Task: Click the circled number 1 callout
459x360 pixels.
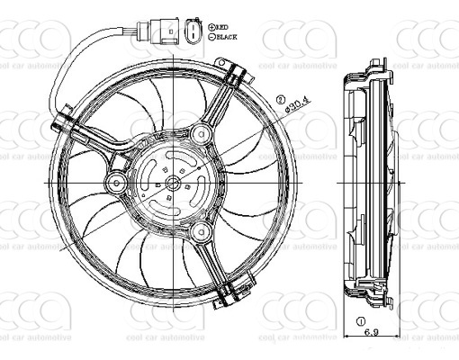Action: [x=361, y=320]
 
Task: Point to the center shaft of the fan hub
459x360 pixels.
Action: [x=170, y=184]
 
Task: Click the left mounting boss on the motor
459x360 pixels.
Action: [x=115, y=184]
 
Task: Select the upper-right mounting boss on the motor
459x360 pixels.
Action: [x=198, y=136]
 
